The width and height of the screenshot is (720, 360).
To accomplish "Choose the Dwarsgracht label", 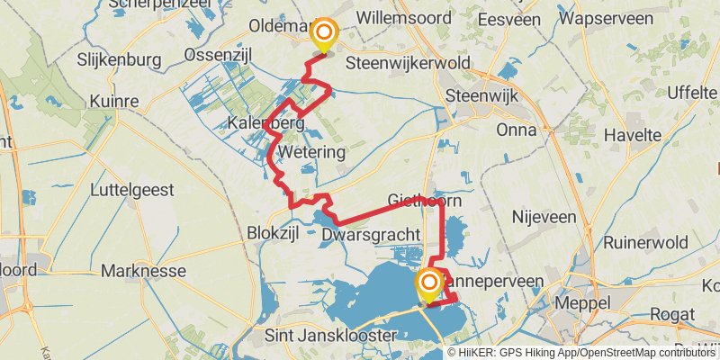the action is point(370,234).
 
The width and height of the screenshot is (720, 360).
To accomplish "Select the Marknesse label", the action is point(143,270).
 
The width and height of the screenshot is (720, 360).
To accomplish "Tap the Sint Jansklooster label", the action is point(332,335).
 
